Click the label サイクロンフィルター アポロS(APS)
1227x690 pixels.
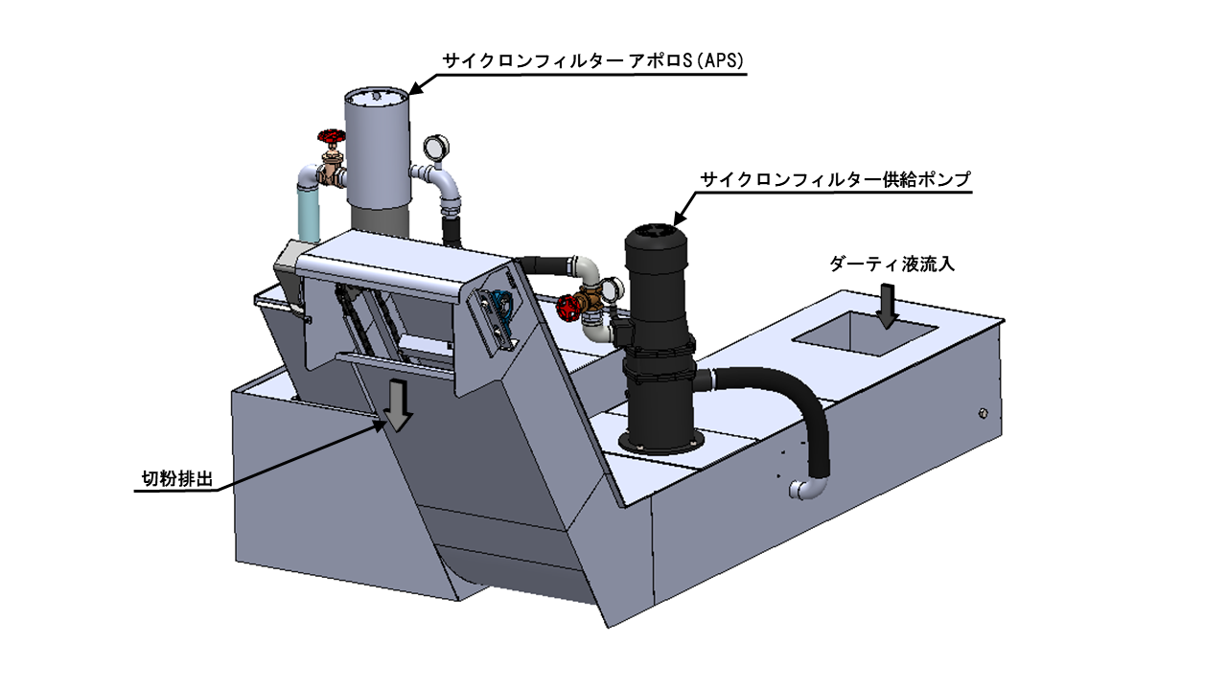(x=593, y=60)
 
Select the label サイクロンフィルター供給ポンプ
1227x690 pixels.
(x=835, y=179)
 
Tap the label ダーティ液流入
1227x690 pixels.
(x=891, y=264)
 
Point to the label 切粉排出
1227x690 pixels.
(x=177, y=478)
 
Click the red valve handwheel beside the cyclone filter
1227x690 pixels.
(x=331, y=137)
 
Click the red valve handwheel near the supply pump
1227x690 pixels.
(x=567, y=308)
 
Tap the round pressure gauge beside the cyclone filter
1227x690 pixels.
(x=436, y=147)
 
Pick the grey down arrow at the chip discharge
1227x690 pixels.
(x=398, y=405)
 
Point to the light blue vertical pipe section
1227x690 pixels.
(x=309, y=214)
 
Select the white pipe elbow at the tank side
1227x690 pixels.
(x=807, y=489)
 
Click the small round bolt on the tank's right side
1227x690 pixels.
(x=984, y=413)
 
